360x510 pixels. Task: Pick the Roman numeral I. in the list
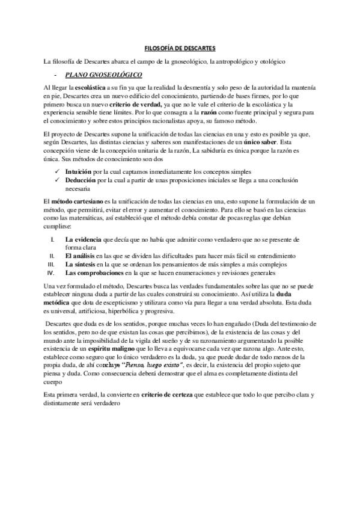coord(52,240)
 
